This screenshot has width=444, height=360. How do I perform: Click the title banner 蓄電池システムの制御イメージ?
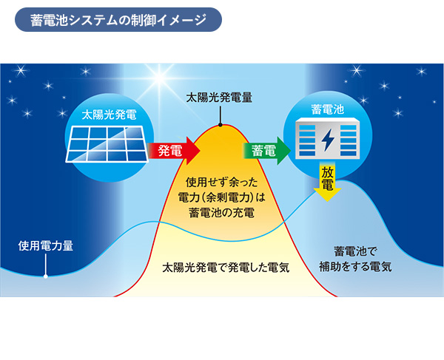click(118, 19)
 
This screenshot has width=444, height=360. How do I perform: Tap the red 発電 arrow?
click(173, 150)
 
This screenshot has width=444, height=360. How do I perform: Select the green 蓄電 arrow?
click(266, 151)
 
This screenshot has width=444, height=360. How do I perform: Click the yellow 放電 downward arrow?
click(327, 181)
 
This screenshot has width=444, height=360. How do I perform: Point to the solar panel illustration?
click(107, 144)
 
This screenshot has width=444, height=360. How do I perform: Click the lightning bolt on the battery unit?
click(328, 140)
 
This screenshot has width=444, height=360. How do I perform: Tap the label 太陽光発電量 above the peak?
click(219, 98)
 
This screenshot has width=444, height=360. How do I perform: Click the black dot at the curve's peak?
click(220, 125)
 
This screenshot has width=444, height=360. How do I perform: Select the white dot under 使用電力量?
click(45, 276)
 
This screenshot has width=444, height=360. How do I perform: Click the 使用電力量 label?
click(46, 245)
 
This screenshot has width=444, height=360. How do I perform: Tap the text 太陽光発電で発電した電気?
click(226, 268)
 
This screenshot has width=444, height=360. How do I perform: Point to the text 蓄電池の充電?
click(221, 213)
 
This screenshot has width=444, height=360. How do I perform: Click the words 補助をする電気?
click(355, 266)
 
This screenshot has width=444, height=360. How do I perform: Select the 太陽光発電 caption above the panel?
click(109, 115)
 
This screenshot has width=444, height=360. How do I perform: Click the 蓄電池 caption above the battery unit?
click(327, 109)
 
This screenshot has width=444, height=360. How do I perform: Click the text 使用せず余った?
click(221, 183)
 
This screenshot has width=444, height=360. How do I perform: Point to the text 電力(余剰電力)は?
click(221, 197)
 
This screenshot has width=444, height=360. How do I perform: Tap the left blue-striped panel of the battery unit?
click(307, 140)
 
